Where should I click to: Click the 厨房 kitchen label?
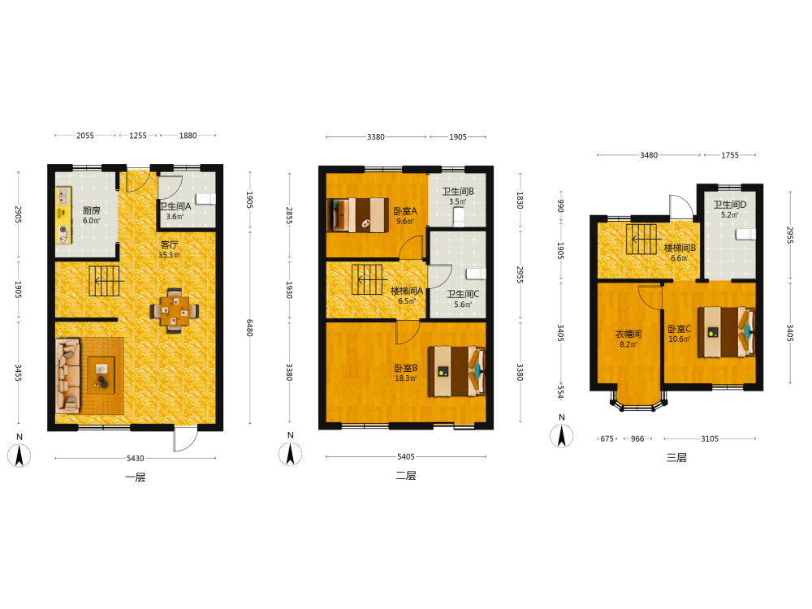click(x=91, y=210)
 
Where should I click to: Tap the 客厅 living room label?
click(x=169, y=244)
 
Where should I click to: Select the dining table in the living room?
click(x=175, y=311)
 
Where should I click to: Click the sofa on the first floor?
click(x=68, y=375)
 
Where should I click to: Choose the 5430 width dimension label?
click(x=135, y=458)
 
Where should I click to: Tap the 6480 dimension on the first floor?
click(x=249, y=327)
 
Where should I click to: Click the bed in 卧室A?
click(x=358, y=214)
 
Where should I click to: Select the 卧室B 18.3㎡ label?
click(x=406, y=373)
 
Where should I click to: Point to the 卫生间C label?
click(x=463, y=294)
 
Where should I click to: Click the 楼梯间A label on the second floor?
click(x=407, y=291)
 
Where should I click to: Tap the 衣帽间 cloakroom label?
click(x=628, y=334)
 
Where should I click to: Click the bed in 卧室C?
click(x=726, y=332)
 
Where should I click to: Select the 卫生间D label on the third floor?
click(x=730, y=205)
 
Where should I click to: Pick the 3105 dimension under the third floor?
click(x=710, y=438)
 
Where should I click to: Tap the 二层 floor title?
click(x=406, y=475)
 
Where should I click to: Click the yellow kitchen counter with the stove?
click(x=63, y=215)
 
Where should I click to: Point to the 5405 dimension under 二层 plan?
click(x=406, y=456)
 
